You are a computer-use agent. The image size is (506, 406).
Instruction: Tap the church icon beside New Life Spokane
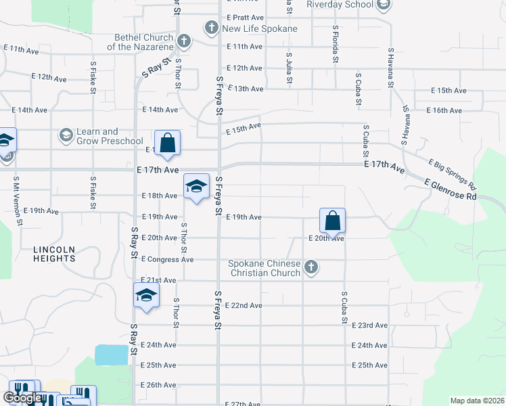tap(211, 28)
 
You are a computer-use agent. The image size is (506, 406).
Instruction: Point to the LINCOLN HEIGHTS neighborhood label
tap(54, 254)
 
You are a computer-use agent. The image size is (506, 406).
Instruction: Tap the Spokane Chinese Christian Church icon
tap(310, 267)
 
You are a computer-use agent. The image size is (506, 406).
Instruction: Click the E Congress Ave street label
tap(167, 259)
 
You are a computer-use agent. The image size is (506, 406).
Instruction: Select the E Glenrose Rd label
tap(451, 189)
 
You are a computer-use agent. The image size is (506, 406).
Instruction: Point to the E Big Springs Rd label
tap(453, 174)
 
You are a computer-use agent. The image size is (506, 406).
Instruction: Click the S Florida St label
tap(335, 45)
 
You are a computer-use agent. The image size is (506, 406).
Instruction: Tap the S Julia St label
tap(289, 68)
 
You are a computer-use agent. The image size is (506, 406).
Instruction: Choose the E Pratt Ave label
tap(245, 16)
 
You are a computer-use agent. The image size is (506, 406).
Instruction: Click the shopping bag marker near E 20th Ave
tap(333, 221)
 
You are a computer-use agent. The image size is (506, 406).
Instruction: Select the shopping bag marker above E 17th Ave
tap(168, 143)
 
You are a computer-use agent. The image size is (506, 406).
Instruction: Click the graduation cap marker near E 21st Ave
tap(146, 295)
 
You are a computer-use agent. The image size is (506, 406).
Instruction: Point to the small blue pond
tap(112, 355)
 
